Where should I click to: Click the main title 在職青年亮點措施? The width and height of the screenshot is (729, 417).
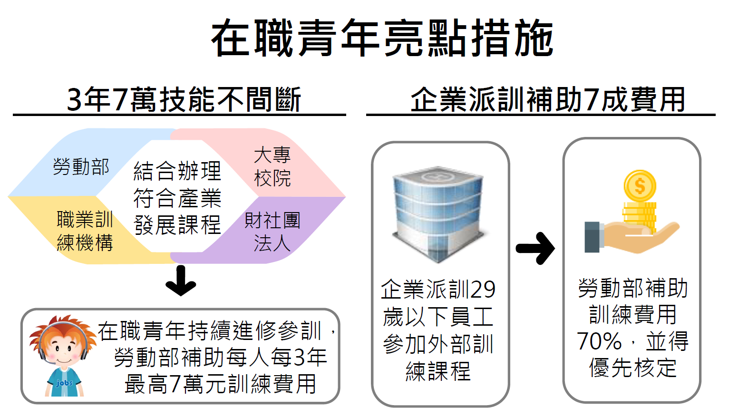[x=382, y=38]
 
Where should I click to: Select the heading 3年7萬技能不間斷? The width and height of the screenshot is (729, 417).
[x=184, y=99]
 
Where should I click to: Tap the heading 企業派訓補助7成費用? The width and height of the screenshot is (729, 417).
[x=547, y=99]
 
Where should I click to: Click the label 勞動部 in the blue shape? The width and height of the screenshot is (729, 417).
[x=81, y=167]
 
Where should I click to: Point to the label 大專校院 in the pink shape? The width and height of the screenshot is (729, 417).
[x=272, y=166]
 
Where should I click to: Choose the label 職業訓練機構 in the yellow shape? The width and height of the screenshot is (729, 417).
[x=85, y=231]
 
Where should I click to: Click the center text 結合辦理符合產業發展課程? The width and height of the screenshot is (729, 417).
[x=177, y=198]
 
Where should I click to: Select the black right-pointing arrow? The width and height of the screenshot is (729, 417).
[x=535, y=248]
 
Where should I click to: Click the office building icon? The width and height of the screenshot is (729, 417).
[x=437, y=214]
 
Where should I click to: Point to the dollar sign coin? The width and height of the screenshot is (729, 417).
[x=640, y=186]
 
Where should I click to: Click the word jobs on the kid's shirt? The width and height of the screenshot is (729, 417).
[x=64, y=383]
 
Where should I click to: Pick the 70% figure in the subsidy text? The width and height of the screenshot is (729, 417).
[x=599, y=341]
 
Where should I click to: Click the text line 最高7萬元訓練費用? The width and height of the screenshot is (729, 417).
[x=220, y=384]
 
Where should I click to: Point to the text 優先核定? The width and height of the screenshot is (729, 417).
[x=633, y=368]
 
